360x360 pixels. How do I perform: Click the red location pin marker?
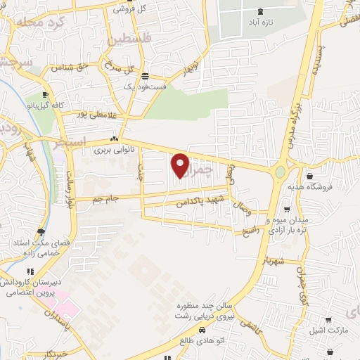(181, 166)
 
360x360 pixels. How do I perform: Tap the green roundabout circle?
(281, 172)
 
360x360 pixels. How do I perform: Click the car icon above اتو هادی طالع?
(202, 330)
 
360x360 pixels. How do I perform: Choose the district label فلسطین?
(127, 39)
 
